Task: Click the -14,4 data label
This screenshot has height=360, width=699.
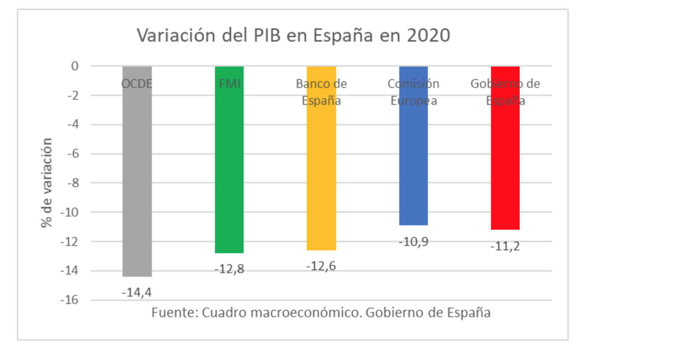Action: (136, 293)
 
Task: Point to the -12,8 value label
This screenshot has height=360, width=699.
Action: (229, 269)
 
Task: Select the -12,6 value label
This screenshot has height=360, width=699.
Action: (321, 266)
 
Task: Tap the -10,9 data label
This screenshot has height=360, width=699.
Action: (414, 242)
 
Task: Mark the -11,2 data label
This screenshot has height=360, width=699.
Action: (505, 246)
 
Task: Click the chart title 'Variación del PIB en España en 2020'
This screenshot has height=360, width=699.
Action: (293, 36)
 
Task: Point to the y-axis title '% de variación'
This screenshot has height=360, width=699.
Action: (47, 183)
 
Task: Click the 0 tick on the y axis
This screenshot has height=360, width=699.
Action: (75, 66)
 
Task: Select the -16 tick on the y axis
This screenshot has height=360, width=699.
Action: (70, 300)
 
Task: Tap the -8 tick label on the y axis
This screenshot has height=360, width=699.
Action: (73, 183)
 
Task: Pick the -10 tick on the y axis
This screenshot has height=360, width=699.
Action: (70, 212)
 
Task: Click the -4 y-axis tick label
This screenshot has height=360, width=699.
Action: (73, 124)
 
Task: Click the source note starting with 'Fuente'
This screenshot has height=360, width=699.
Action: (321, 313)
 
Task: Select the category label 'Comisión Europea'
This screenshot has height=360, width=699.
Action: (414, 92)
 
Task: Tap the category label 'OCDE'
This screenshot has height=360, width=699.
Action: (136, 84)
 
